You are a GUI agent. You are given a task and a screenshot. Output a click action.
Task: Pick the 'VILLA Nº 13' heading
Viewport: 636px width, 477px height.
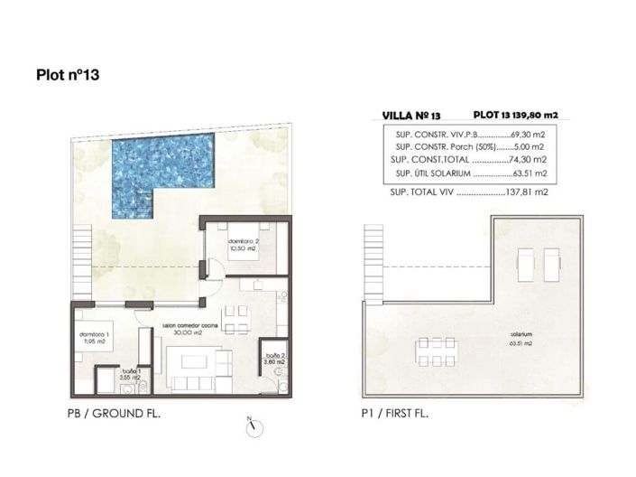click(410, 116)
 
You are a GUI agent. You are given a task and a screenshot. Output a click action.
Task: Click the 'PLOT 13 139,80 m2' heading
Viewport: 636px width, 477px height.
click(516, 115)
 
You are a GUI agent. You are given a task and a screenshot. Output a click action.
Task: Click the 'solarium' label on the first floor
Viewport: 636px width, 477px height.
click(518, 334)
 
